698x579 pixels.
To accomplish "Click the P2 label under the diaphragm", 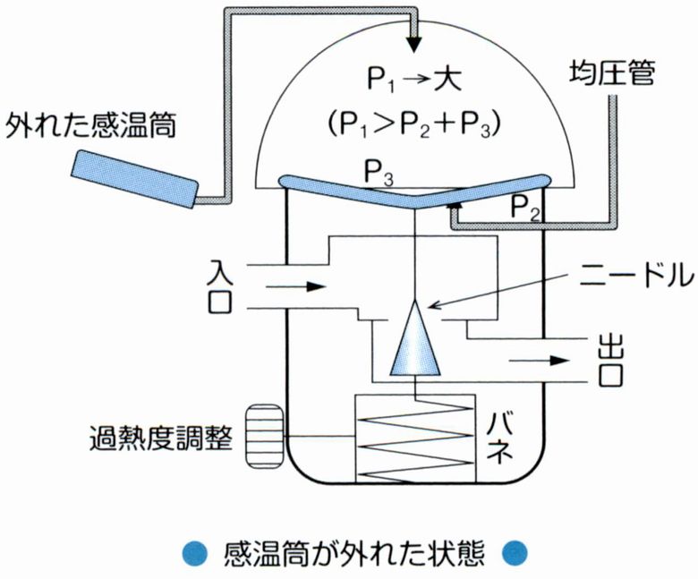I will coord(526,209).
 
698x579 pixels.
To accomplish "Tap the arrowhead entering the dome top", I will coord(414,44).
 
